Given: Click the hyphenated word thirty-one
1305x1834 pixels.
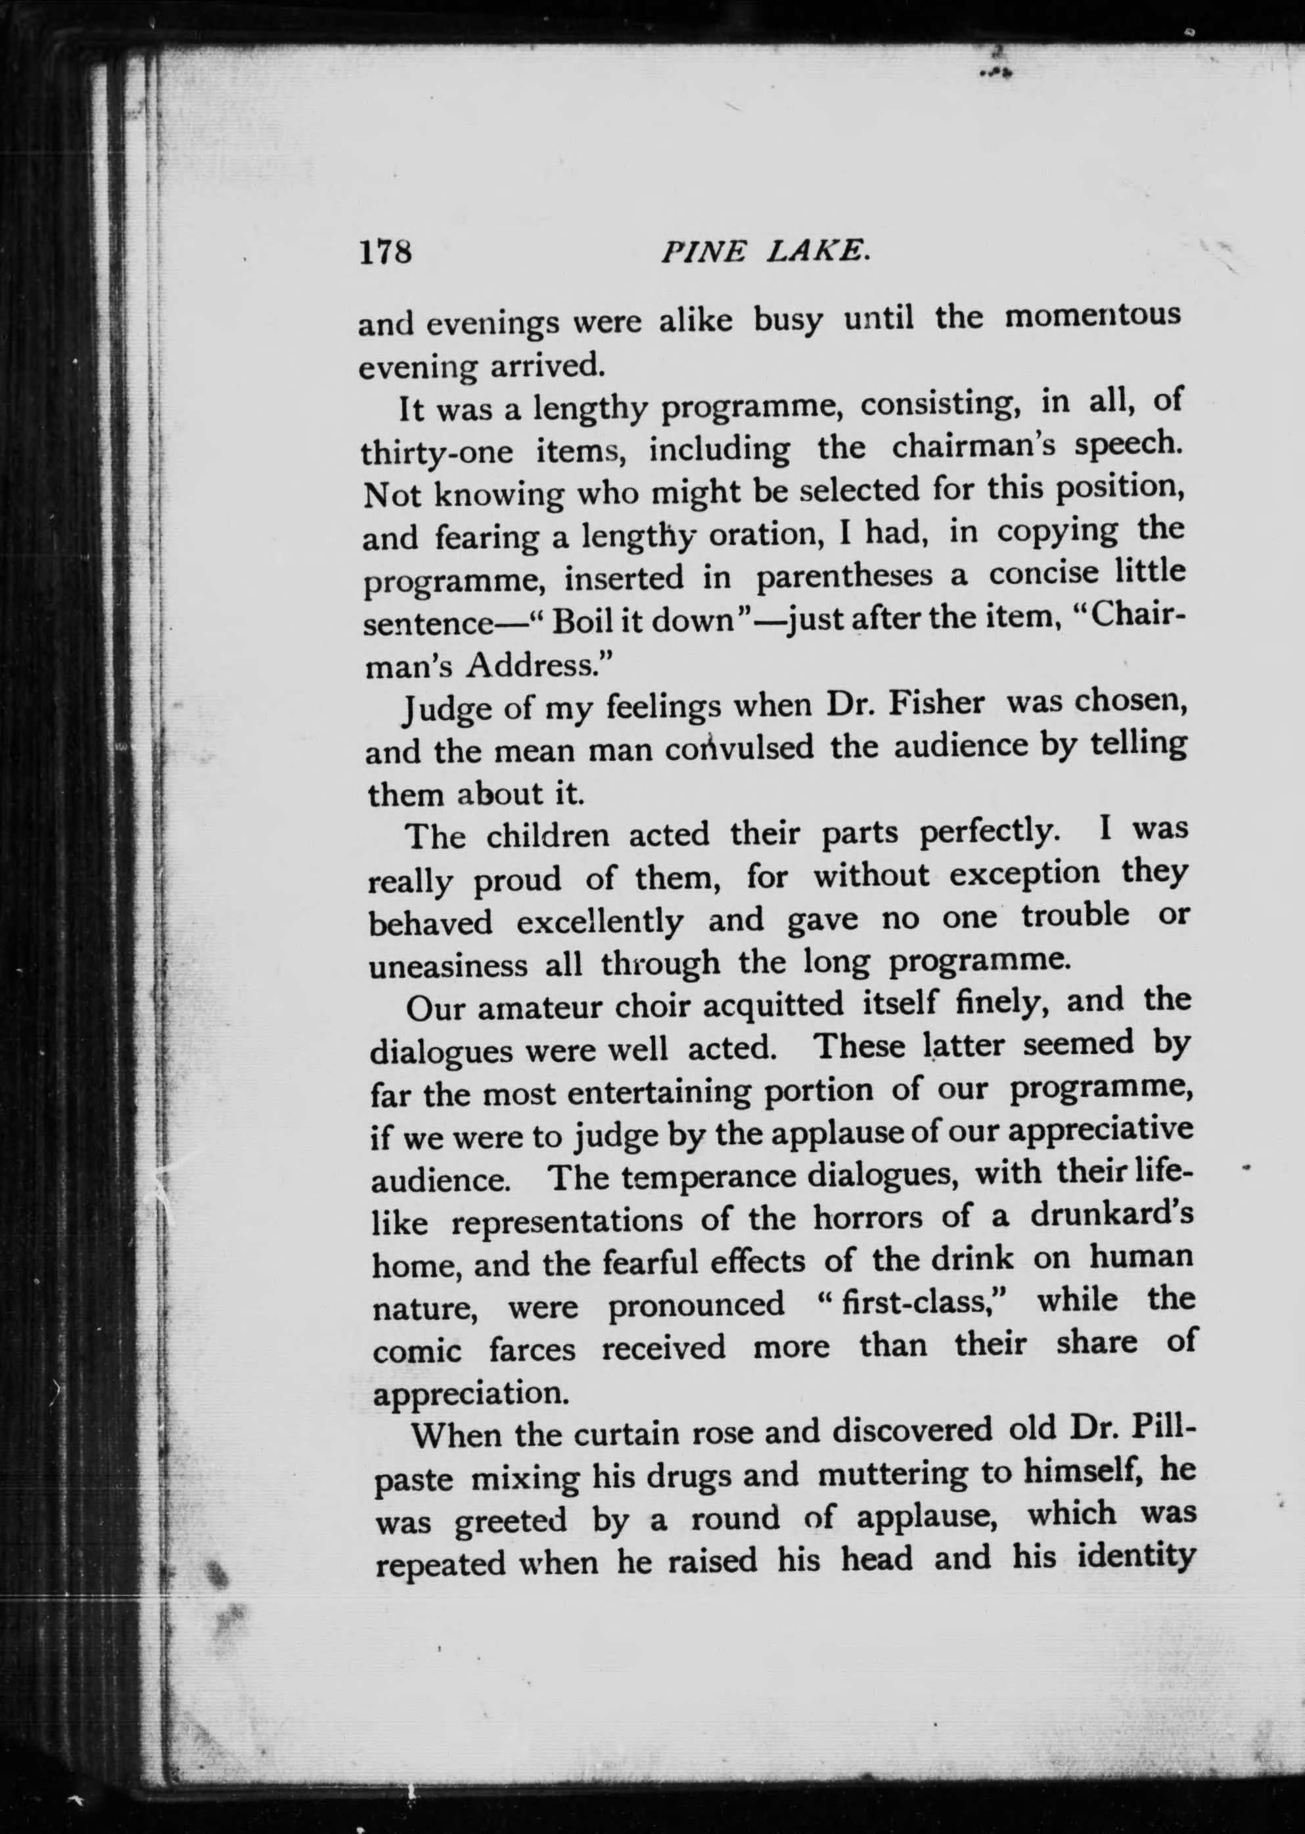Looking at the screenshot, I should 436,452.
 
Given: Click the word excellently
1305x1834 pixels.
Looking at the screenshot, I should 599,921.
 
